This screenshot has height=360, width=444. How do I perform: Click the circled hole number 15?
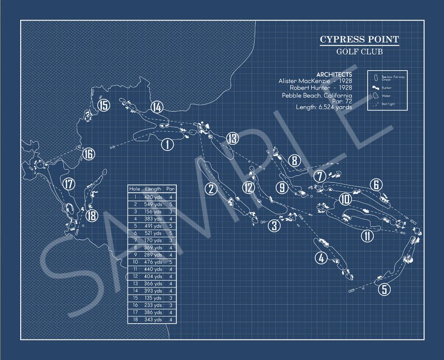(x=103, y=105)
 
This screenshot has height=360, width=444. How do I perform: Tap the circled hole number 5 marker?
(x=383, y=290)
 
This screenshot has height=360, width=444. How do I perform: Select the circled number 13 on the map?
(x=232, y=139)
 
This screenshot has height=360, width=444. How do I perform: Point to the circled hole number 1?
(x=166, y=145)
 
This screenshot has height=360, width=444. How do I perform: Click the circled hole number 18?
(x=92, y=216)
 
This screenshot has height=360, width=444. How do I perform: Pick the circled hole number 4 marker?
(x=320, y=258)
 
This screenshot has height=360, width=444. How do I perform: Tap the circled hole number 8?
(x=294, y=161)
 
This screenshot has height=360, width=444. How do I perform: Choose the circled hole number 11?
(x=367, y=235)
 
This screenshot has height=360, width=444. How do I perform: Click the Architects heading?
(x=334, y=74)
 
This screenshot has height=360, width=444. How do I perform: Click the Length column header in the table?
(x=153, y=190)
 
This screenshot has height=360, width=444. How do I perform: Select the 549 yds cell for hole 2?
(x=153, y=205)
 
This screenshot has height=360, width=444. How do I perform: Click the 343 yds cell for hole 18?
(x=153, y=320)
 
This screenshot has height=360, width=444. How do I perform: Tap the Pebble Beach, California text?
(x=317, y=96)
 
